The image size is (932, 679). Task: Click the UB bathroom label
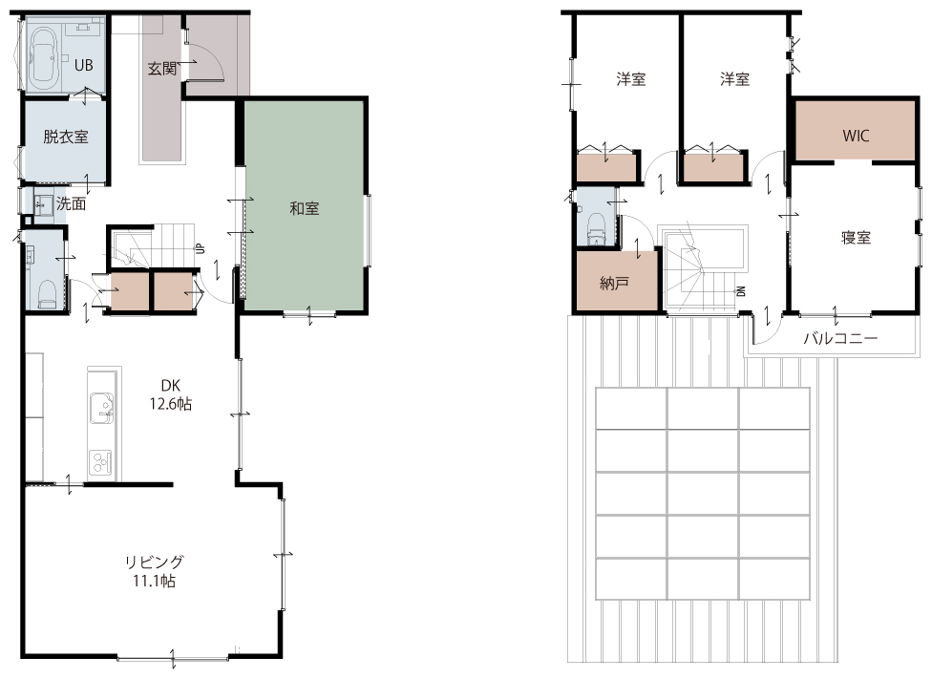point(84,65)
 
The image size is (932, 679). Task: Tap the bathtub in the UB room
point(43,57)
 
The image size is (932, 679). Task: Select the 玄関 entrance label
point(162,69)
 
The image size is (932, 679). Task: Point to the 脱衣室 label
point(65,137)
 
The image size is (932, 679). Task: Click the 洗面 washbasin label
point(71,204)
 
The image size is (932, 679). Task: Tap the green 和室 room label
point(305,208)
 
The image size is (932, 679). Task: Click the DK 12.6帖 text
point(171,394)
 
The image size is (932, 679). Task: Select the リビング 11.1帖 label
point(154,571)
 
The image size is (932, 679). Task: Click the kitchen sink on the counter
point(101,409)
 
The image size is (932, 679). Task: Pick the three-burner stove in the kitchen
point(101,463)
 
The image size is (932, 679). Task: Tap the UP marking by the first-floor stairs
point(201,248)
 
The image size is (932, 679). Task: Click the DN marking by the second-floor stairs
point(741,291)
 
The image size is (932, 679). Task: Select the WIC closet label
point(856,136)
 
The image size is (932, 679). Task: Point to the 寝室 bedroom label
point(856,238)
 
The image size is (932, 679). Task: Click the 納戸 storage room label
point(615,283)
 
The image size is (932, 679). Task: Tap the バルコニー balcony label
point(840,339)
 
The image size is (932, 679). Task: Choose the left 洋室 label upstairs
point(630,78)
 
